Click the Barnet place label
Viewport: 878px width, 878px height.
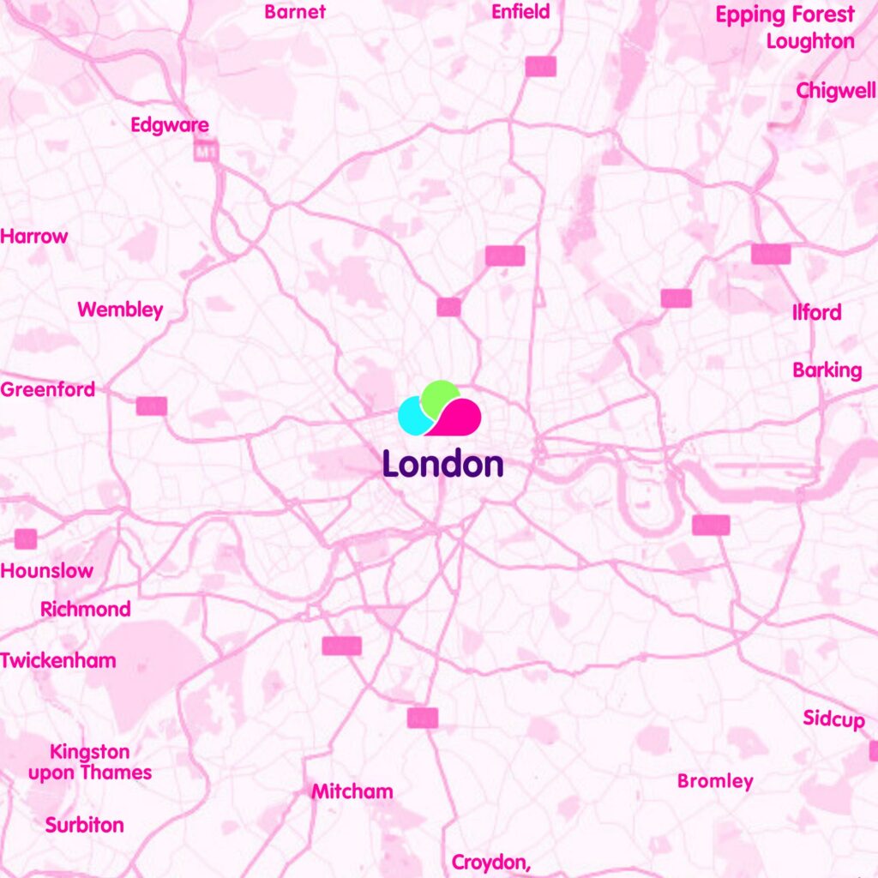(x=295, y=12)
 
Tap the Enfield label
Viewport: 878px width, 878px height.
(x=520, y=12)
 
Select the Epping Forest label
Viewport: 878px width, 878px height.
(x=785, y=15)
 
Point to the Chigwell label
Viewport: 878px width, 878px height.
(x=835, y=91)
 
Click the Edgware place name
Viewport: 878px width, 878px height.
(x=170, y=126)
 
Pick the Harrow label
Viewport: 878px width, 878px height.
(x=34, y=237)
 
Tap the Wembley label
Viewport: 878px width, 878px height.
(x=120, y=310)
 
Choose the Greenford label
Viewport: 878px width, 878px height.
(x=48, y=390)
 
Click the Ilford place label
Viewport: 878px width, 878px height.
(x=816, y=313)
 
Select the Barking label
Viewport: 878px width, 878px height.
(x=827, y=370)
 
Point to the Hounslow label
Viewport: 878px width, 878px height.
(x=47, y=571)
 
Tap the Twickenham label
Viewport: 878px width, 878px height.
(x=58, y=661)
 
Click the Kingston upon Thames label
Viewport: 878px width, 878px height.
(x=90, y=762)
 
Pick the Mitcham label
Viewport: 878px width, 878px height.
(x=352, y=791)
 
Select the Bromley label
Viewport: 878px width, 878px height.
(x=715, y=781)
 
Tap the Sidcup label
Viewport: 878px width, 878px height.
(x=833, y=719)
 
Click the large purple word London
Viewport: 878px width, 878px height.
(x=442, y=464)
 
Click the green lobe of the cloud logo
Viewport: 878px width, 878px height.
(x=440, y=395)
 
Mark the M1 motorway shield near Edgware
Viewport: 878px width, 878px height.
(x=203, y=153)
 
